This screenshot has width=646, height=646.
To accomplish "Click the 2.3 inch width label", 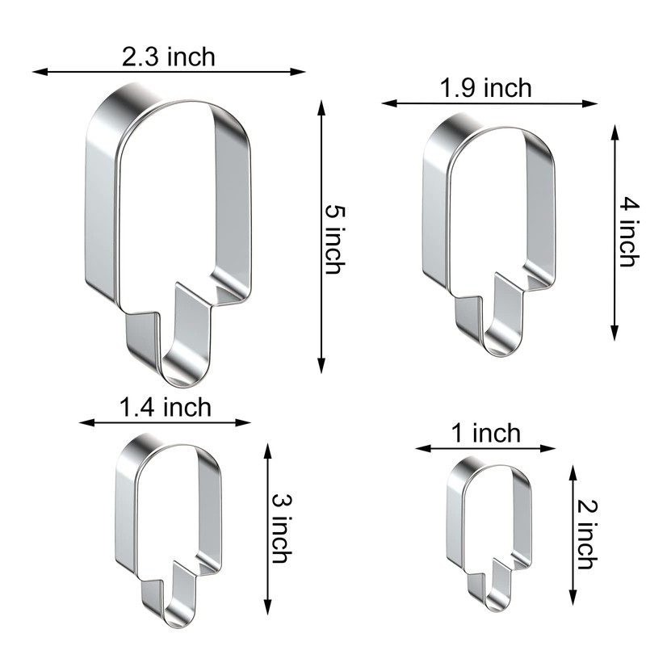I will click(169, 57).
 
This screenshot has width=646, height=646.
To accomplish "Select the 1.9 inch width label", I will click(486, 87).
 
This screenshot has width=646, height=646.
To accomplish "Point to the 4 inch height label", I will click(629, 232).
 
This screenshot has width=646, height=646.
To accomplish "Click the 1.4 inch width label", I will click(165, 407).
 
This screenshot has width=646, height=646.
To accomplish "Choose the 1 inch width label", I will click(486, 434).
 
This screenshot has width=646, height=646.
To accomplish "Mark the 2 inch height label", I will click(587, 533).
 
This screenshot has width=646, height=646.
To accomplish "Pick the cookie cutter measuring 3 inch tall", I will click(167, 525).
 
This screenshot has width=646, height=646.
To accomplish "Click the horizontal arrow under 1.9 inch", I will click(490, 103).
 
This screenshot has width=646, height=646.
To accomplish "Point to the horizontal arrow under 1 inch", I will click(486, 447).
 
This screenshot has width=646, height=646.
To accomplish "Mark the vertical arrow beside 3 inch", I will click(267, 529).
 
